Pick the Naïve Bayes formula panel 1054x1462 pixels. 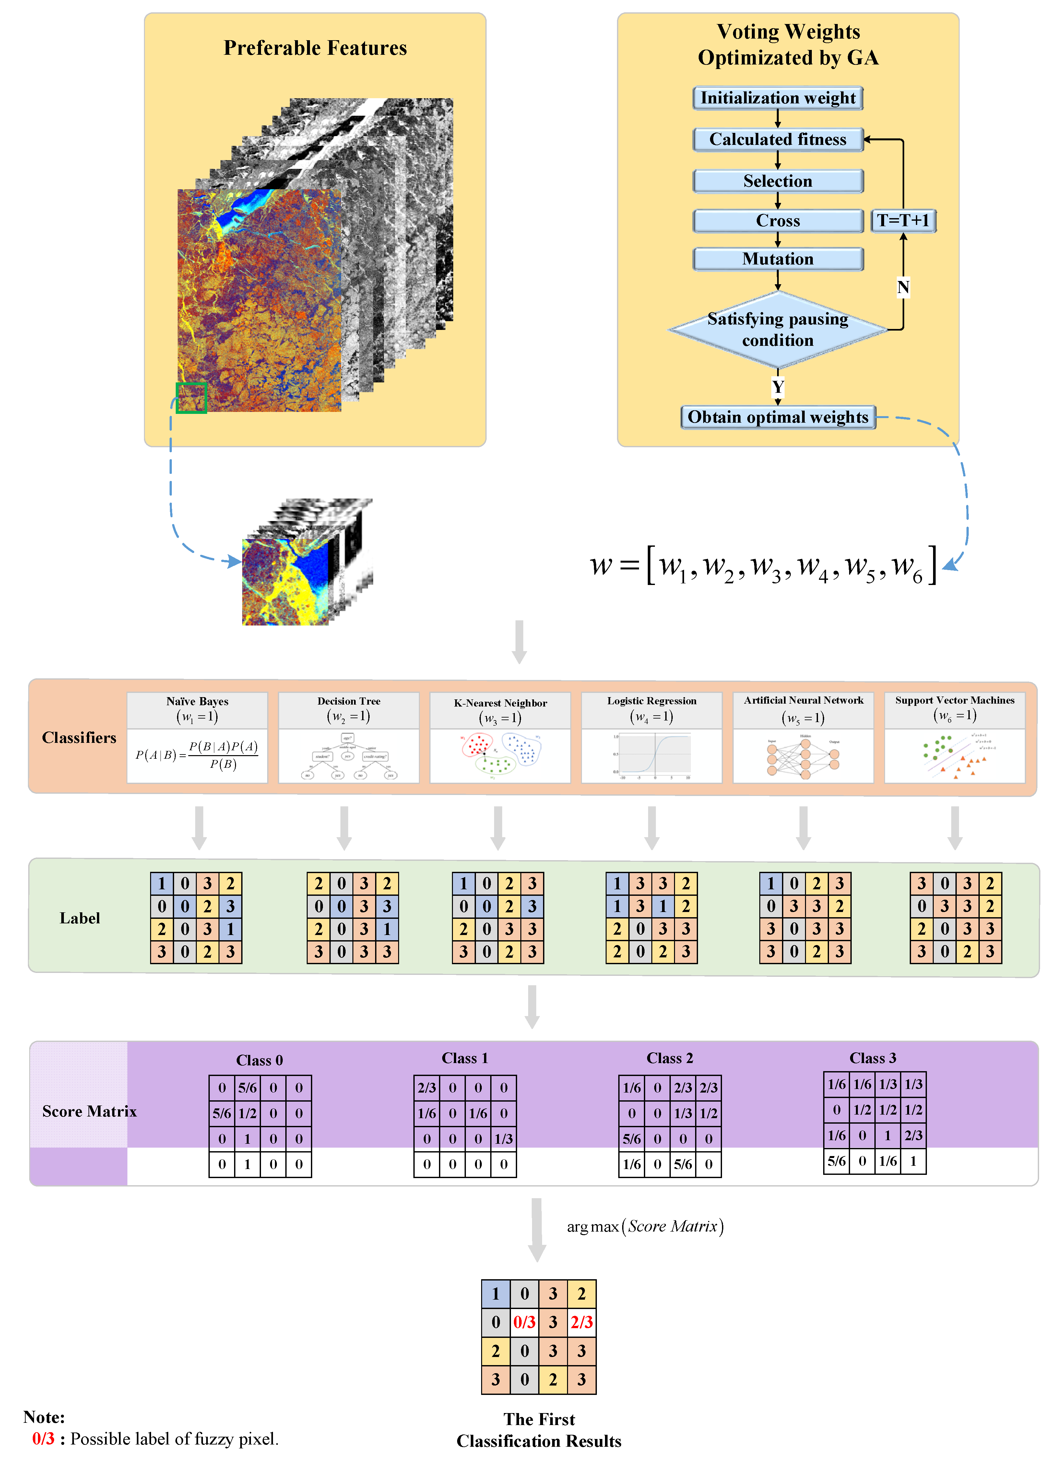197,755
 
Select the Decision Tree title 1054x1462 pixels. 349,701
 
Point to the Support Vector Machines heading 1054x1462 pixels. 955,700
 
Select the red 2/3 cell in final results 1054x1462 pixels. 582,1322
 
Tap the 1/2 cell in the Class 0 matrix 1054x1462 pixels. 248,1113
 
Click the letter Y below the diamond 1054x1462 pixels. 778,387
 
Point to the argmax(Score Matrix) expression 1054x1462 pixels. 645,1226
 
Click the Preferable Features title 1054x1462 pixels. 315,48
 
